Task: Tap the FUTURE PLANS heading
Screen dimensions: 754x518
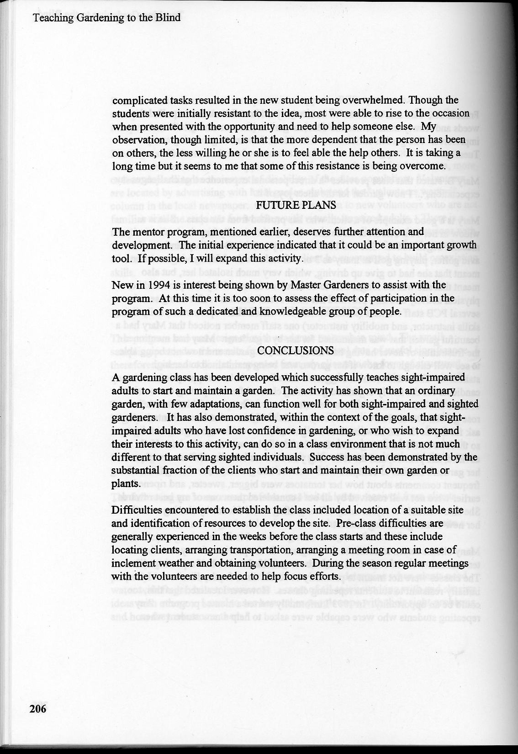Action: pyautogui.click(x=296, y=205)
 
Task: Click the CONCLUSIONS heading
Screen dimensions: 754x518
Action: pyautogui.click(x=296, y=350)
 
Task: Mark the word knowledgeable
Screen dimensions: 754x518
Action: pyautogui.click(x=296, y=312)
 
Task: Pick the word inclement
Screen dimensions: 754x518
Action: pyautogui.click(x=133, y=563)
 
